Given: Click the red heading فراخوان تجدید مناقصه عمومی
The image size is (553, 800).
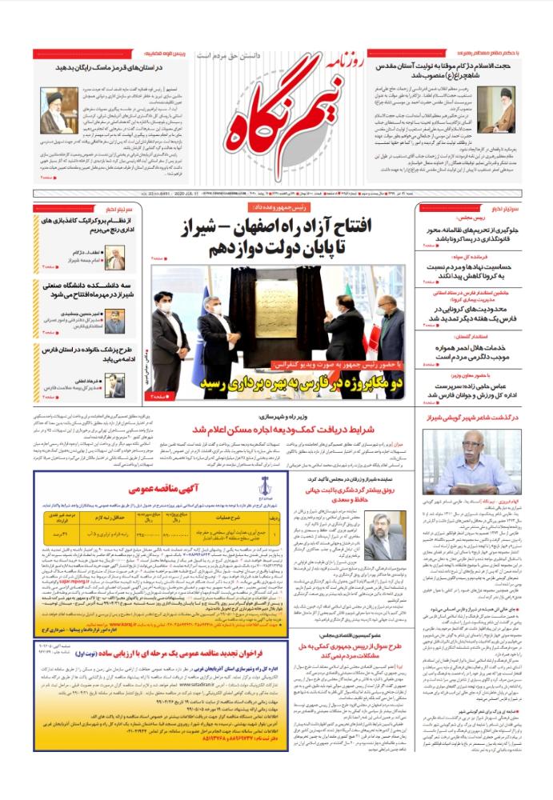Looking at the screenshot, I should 162,697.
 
